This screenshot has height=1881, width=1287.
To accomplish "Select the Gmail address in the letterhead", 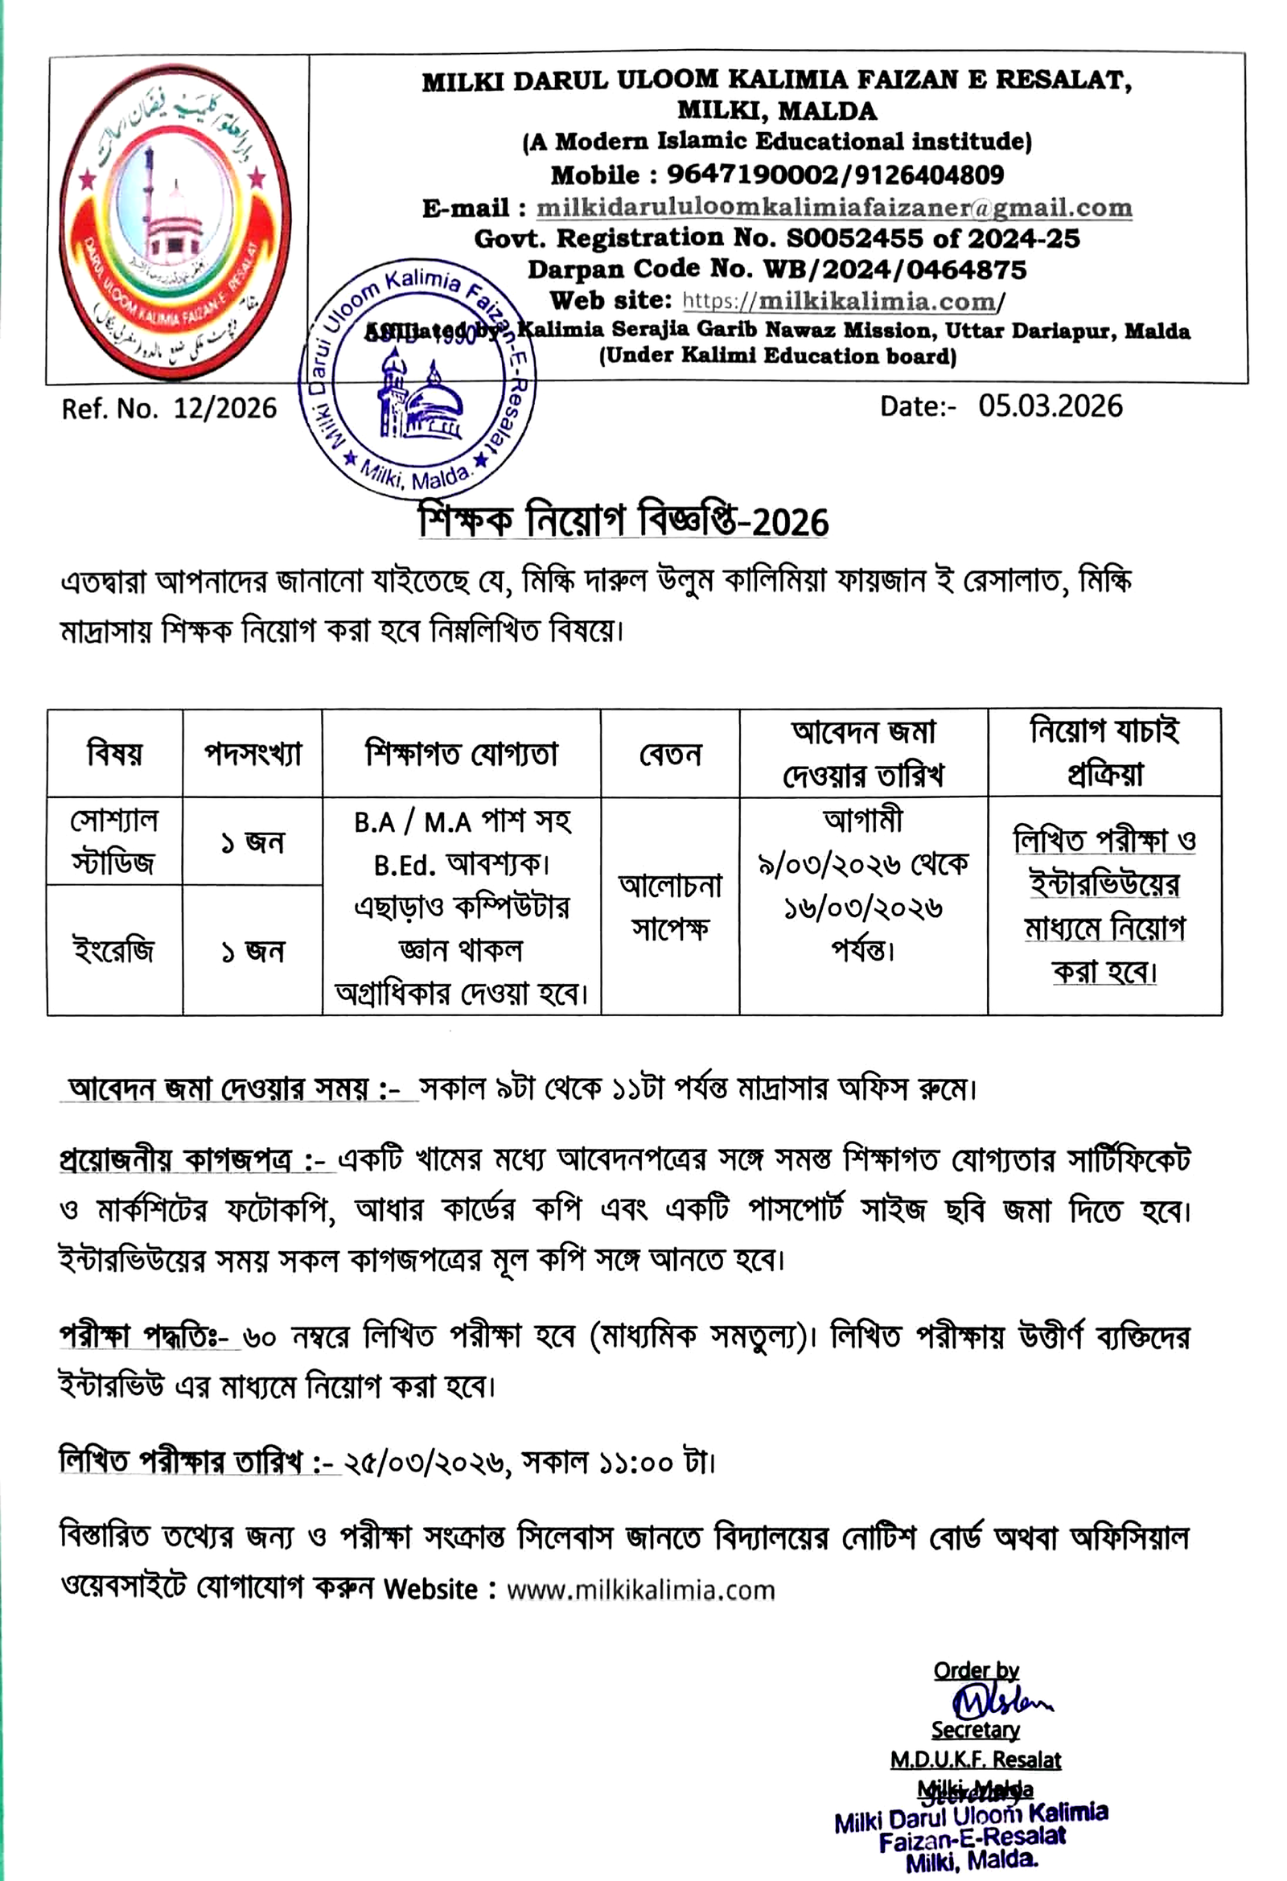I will point(833,208).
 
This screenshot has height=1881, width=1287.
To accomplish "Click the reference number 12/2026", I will point(225,409).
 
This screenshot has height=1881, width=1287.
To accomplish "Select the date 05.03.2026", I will point(1050,406).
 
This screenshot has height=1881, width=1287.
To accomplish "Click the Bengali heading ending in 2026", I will point(623,521).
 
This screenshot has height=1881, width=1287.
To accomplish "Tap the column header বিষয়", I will point(114,754).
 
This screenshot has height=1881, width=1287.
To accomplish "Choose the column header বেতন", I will point(669,755).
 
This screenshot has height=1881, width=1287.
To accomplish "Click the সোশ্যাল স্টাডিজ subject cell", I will point(114,842).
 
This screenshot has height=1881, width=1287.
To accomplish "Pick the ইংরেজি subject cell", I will point(114,950).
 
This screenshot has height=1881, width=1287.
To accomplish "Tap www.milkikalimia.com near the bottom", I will point(640,1589).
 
